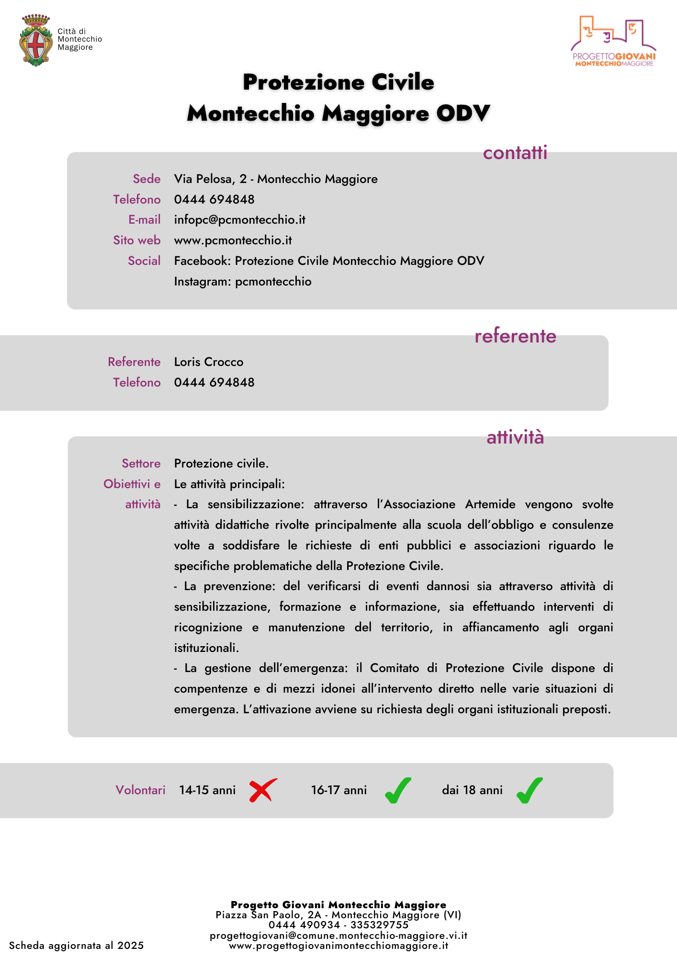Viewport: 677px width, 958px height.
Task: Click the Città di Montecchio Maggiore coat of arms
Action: click(36, 40)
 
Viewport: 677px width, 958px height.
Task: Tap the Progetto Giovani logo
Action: click(613, 42)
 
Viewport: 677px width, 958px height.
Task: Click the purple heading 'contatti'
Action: click(515, 153)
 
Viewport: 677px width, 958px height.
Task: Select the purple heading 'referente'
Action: click(515, 336)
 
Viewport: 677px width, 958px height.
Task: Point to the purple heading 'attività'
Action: click(515, 437)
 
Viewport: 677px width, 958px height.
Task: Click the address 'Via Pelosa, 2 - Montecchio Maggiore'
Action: click(276, 179)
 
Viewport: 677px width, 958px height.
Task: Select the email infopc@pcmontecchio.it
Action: click(239, 220)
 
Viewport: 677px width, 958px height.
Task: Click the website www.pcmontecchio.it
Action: click(233, 240)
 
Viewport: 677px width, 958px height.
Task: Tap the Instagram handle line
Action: click(243, 282)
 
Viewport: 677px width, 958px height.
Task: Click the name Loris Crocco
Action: click(209, 362)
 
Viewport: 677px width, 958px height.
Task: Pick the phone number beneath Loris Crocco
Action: click(214, 383)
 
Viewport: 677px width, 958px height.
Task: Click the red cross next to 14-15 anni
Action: click(263, 790)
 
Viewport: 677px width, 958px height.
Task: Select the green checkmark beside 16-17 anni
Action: click(398, 790)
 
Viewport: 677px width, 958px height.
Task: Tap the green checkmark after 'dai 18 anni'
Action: click(530, 790)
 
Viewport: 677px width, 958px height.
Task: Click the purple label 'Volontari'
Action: click(140, 790)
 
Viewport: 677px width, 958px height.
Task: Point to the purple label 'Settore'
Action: click(141, 464)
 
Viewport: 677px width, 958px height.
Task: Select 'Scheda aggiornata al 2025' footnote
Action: click(77, 946)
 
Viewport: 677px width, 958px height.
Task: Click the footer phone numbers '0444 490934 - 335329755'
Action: click(338, 925)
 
